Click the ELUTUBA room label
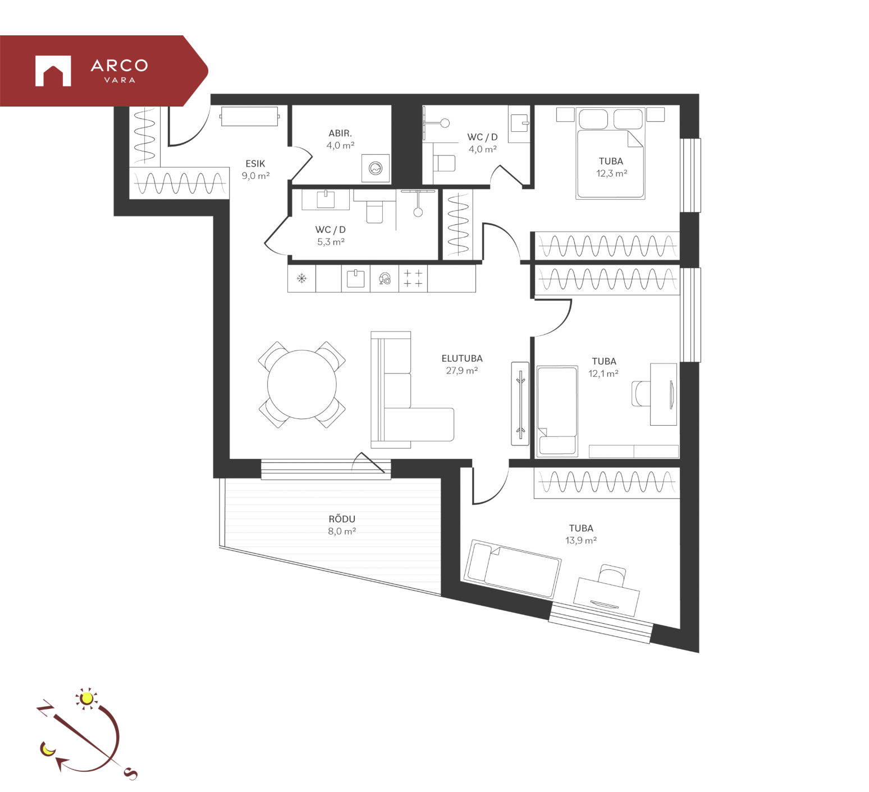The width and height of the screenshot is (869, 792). click(462, 358)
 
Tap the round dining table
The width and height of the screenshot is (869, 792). click(302, 385)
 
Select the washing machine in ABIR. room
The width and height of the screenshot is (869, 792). click(376, 168)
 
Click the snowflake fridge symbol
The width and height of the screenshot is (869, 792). click(302, 278)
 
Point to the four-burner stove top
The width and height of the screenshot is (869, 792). click(413, 278)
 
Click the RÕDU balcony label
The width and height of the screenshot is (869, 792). click(342, 519)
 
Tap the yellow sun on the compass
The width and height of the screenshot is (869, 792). click(86, 698)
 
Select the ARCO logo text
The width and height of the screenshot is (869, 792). click(120, 66)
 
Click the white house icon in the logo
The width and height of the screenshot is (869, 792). click(53, 71)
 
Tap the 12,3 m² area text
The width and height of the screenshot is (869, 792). click(611, 173)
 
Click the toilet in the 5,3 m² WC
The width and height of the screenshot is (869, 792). click(374, 211)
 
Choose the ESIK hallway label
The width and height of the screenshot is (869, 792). click(255, 164)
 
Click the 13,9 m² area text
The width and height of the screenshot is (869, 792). click(581, 541)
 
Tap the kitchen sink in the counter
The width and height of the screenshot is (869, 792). click(355, 278)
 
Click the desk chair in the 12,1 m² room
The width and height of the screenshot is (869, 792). click(641, 393)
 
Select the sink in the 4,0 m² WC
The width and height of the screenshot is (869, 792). click(519, 123)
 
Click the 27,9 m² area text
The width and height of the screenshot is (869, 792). click(462, 371)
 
